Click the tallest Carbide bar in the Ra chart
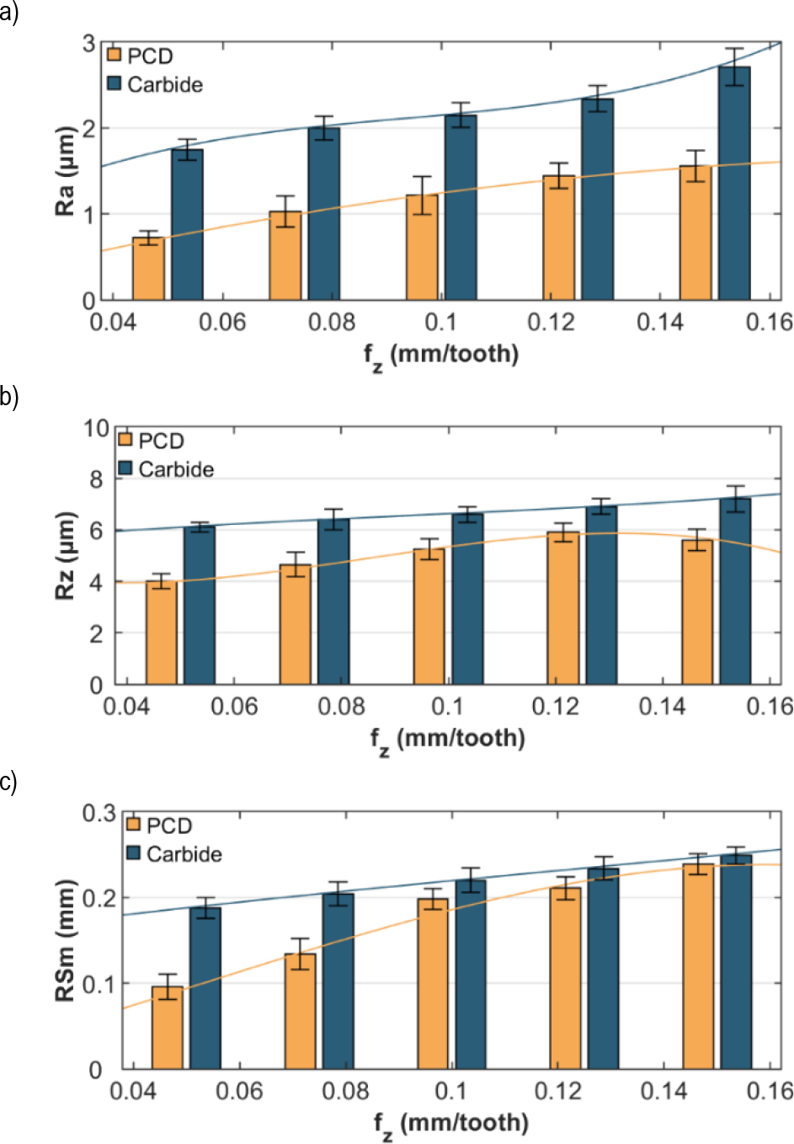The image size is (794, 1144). [733, 184]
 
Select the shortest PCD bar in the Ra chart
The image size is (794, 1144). [148, 269]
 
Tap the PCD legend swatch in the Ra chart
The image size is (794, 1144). [115, 56]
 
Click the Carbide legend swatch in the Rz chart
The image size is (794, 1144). [125, 468]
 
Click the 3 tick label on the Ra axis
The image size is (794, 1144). [88, 43]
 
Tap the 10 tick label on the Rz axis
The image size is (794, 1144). [96, 428]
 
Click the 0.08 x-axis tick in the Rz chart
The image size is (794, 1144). [341, 706]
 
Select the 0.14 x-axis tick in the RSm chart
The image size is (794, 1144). [663, 1091]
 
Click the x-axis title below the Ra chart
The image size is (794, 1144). [441, 355]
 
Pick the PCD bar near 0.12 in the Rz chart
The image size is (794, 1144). [563, 607]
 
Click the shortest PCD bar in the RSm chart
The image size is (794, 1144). [167, 1028]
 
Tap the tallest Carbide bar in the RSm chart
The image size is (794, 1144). [736, 962]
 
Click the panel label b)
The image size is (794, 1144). [9, 396]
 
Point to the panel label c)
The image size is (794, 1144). [8, 782]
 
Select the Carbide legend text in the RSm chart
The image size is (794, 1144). [184, 854]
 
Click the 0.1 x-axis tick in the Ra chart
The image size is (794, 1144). [440, 322]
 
